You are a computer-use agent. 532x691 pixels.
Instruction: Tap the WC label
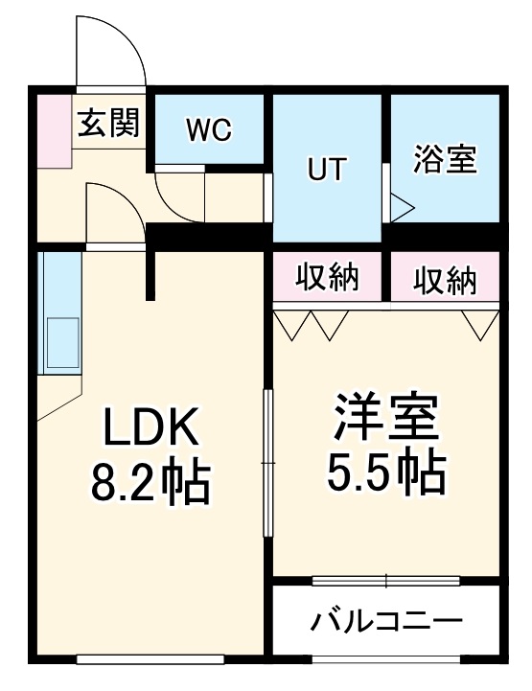point(209,131)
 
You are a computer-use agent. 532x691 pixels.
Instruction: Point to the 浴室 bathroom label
point(445,158)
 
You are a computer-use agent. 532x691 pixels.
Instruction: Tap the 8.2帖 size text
point(151,484)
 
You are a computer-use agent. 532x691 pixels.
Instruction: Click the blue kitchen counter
point(59,314)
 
